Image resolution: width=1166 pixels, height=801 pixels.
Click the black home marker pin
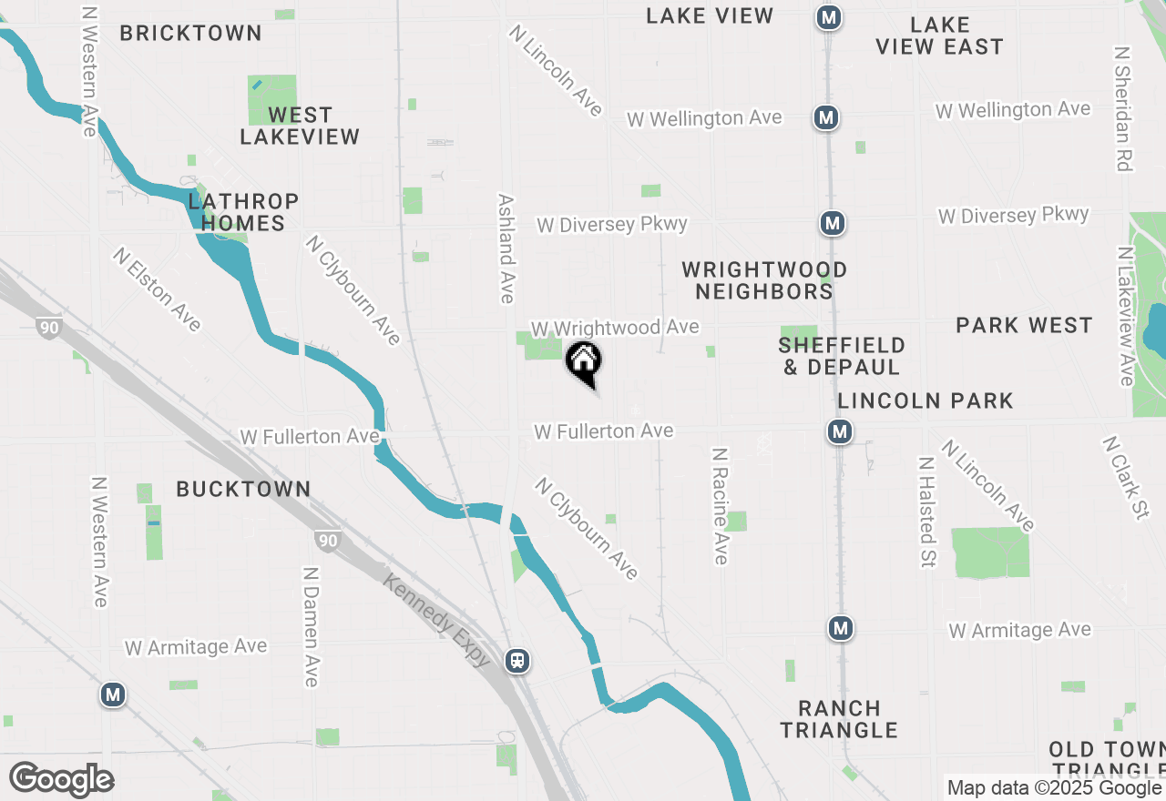click(x=584, y=361)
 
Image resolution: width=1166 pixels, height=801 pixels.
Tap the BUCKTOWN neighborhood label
click(x=243, y=490)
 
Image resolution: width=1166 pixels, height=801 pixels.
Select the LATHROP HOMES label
click(x=243, y=212)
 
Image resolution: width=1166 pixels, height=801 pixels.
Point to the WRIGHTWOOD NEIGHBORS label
click(x=764, y=280)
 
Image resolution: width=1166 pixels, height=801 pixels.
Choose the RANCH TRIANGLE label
click(x=839, y=719)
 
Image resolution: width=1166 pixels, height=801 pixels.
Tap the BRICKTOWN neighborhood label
click(x=190, y=34)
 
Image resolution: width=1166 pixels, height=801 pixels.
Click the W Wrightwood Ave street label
click(x=615, y=328)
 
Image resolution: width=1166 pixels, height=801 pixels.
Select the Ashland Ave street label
click(x=506, y=248)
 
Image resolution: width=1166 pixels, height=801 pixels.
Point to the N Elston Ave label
click(x=157, y=289)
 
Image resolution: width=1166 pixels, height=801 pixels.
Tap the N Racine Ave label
click(x=721, y=505)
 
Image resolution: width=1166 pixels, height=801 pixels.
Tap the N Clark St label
click(x=1125, y=478)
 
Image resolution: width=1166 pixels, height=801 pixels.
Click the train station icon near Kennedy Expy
click(x=517, y=660)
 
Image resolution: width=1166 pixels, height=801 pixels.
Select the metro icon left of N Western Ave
click(x=112, y=695)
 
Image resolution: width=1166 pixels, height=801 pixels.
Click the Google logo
click(x=61, y=780)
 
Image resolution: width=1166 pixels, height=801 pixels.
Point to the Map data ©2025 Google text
click(x=1053, y=788)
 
